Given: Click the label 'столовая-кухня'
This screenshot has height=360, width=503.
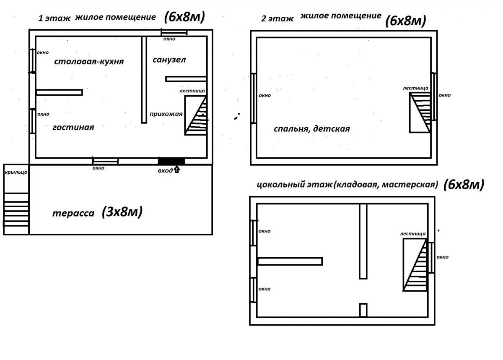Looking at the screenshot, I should pyautogui.click(x=89, y=62).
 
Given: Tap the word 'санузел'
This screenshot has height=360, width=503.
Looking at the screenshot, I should pyautogui.click(x=169, y=60).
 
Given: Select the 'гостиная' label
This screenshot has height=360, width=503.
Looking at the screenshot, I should pyautogui.click(x=73, y=127).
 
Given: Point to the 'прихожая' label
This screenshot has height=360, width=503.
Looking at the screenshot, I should pyautogui.click(x=166, y=114).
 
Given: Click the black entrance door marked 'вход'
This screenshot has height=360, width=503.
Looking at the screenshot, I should pyautogui.click(x=171, y=161).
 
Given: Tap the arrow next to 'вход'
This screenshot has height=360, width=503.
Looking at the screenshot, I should pyautogui.click(x=176, y=170).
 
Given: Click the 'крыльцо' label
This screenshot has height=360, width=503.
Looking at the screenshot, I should pyautogui.click(x=16, y=172).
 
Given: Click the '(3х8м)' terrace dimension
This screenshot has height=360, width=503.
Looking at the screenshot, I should pyautogui.click(x=122, y=212).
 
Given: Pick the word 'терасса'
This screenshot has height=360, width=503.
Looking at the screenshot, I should pyautogui.click(x=73, y=213).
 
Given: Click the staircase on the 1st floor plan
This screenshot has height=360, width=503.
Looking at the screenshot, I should pyautogui.click(x=196, y=115).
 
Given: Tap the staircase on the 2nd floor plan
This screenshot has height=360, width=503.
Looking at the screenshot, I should pyautogui.click(x=420, y=112).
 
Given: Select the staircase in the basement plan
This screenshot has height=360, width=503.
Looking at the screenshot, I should pyautogui.click(x=415, y=265).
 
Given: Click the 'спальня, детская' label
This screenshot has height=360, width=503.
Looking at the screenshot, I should pyautogui.click(x=311, y=129).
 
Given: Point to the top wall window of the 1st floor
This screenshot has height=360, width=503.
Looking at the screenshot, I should pyautogui.click(x=174, y=33).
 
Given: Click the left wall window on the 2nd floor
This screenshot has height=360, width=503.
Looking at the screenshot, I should pyautogui.click(x=253, y=98).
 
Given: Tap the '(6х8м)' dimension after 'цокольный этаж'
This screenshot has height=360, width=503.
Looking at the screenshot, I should pyautogui.click(x=463, y=184).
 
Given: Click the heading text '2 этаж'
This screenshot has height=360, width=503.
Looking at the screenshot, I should pyautogui.click(x=275, y=19).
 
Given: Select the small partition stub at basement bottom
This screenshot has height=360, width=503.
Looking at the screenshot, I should pyautogui.click(x=363, y=310).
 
